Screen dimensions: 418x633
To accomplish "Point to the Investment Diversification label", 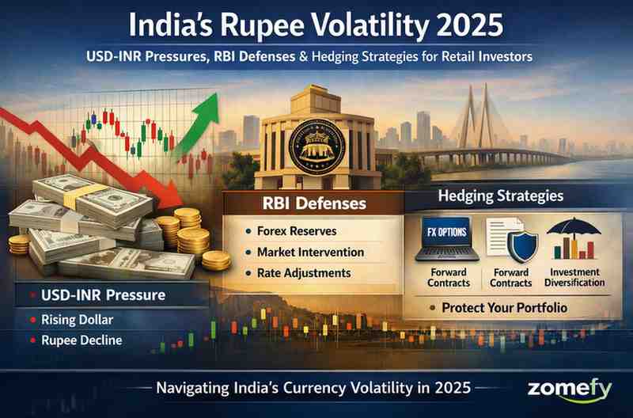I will pos(575,277).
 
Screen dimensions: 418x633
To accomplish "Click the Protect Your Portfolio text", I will pos(504,307).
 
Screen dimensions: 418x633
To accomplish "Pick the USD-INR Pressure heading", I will pos(104,295).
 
